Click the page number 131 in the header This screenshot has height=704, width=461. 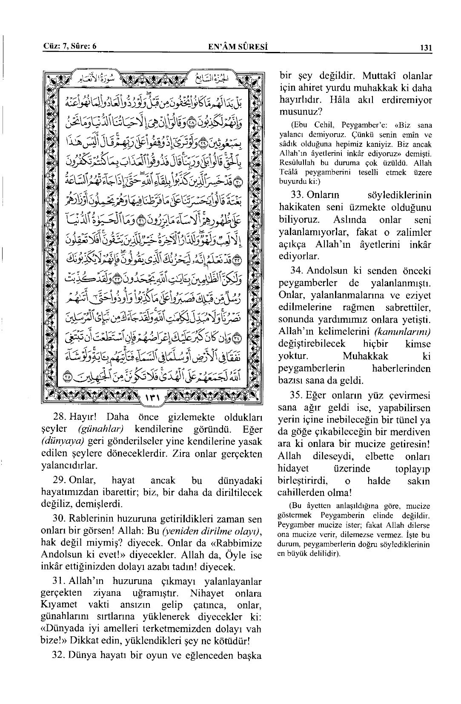(x=426, y=48)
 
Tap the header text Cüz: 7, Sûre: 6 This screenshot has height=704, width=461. (x=70, y=47)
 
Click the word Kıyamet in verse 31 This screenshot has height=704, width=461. (x=59, y=605)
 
